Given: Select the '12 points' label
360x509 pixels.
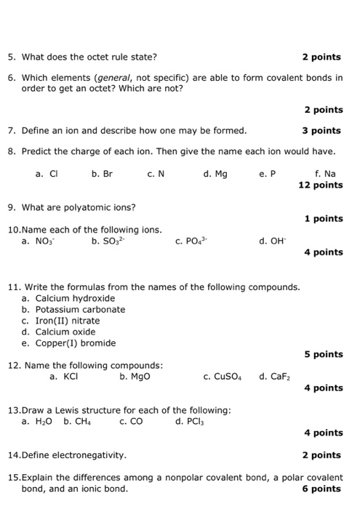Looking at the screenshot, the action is pos(321,185).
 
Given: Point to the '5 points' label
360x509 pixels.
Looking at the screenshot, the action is pos(324,354).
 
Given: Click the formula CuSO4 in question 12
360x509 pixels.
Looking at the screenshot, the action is pos(222,377).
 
